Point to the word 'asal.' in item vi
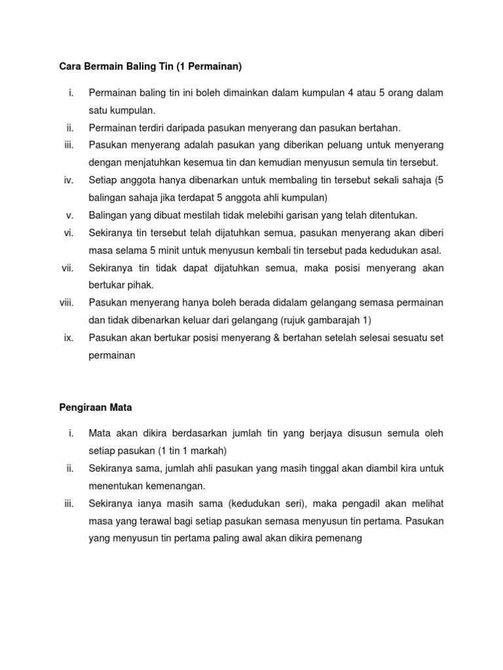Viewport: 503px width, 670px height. pyautogui.click(x=431, y=250)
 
